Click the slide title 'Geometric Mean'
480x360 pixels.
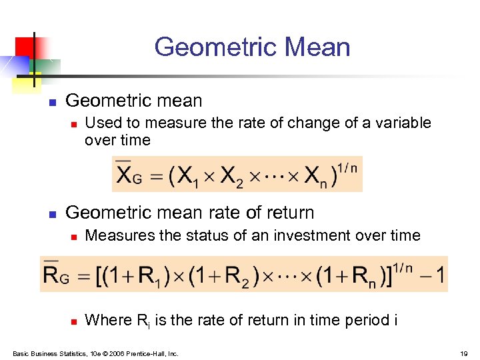[x=252, y=47]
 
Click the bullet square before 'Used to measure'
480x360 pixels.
[x=75, y=124]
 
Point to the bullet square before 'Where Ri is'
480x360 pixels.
[x=75, y=321]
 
